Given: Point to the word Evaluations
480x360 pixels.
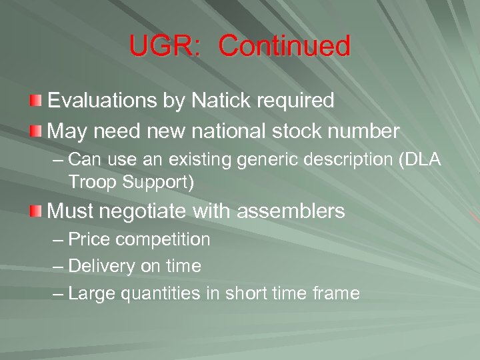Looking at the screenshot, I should tap(102, 101).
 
